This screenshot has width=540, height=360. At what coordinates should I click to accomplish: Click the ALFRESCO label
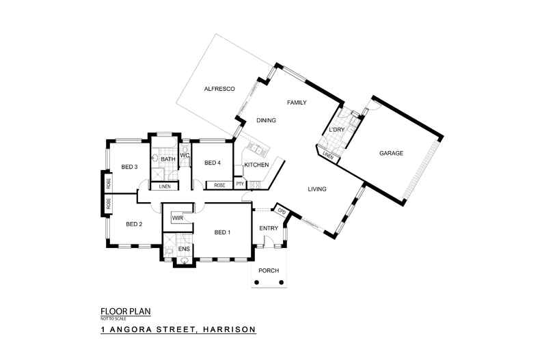coord(219,89)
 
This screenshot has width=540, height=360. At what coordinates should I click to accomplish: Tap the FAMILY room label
coord(296,102)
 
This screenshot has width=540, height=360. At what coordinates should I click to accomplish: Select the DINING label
coord(266,121)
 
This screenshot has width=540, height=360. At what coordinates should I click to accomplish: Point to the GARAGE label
coord(391,153)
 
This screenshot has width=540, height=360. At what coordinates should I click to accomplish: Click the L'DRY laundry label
coord(336,129)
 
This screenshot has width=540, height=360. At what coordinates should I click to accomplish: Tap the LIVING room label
coord(316,189)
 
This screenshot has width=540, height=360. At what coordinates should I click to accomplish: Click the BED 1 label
coord(223,232)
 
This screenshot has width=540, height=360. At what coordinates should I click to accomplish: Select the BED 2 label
coord(134,223)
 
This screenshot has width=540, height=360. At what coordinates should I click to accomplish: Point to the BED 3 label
coord(130,167)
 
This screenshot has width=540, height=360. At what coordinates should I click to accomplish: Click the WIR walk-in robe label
coord(178,218)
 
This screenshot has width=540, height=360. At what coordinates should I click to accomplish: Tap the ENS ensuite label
coord(184,249)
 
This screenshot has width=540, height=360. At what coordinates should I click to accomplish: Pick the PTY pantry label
coord(239,184)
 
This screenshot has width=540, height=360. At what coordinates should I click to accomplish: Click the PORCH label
coord(269,271)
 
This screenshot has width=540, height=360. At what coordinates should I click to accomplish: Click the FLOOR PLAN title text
coord(125,311)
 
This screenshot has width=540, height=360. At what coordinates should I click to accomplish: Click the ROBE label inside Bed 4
coord(219,185)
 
